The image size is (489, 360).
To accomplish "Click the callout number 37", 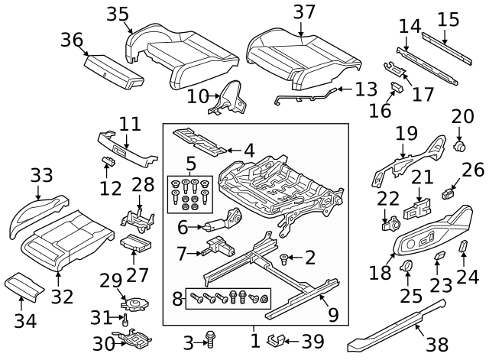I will click(x=303, y=12).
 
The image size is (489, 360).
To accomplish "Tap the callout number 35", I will click(x=118, y=15).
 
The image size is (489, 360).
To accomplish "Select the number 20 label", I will click(x=462, y=117).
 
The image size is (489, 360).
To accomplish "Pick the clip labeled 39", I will click(x=280, y=339).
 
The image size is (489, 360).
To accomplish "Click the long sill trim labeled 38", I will click(x=397, y=325).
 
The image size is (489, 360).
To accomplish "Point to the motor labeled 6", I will click(x=224, y=224).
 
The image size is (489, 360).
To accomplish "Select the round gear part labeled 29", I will click(x=133, y=305).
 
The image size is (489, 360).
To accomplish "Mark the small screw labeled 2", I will click(x=285, y=258).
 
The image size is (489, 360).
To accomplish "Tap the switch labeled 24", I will click(x=462, y=246).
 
